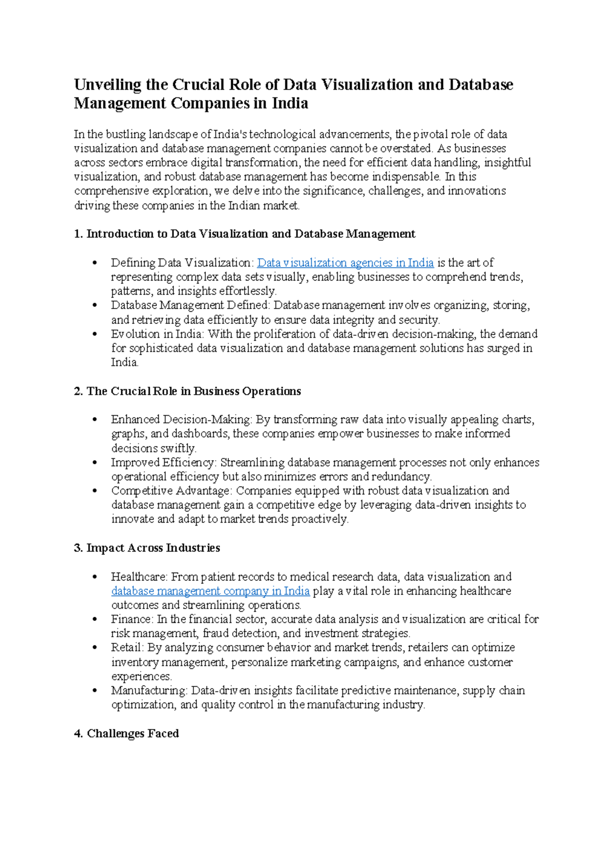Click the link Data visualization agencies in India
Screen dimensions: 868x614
345,263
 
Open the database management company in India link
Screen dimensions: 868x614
210,591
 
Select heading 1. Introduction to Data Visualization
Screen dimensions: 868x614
245,234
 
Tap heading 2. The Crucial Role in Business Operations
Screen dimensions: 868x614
187,391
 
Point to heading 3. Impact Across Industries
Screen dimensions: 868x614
147,548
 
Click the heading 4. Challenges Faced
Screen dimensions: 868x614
126,733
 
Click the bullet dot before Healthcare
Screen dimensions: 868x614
94,577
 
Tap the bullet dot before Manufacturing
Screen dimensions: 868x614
94,690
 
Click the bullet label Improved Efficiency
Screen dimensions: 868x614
164,462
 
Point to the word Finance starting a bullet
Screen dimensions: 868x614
131,619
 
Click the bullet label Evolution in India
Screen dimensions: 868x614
157,334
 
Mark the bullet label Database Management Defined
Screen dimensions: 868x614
190,305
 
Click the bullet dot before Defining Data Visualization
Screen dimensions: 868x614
94,263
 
